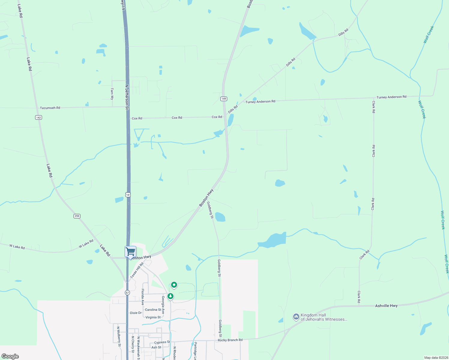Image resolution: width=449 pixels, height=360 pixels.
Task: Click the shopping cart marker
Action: pyautogui.click(x=130, y=252)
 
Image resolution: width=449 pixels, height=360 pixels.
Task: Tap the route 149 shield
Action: pyautogui.click(x=224, y=99)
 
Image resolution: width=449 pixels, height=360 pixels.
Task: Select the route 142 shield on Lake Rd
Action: pyautogui.click(x=38, y=117)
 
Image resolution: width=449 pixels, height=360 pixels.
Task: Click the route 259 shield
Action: pyautogui.click(x=77, y=216)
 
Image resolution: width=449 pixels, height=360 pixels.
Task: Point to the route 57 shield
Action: pyautogui.click(x=128, y=292)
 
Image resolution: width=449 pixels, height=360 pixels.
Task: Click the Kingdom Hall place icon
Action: pyautogui.click(x=296, y=317)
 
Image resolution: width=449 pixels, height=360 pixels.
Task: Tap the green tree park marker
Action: pyautogui.click(x=170, y=296)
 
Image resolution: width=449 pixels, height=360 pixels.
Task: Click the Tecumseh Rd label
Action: pyautogui.click(x=50, y=108)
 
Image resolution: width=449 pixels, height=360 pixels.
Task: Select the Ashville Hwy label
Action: pyautogui.click(x=386, y=306)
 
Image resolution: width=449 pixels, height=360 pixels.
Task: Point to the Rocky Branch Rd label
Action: pyautogui.click(x=230, y=340)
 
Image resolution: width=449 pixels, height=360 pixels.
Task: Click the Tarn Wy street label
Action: pyautogui.click(x=112, y=94)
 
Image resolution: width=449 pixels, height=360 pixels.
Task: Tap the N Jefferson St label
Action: pyautogui.click(x=127, y=96)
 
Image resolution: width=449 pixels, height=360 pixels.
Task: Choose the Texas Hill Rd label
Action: pyautogui.click(x=137, y=270)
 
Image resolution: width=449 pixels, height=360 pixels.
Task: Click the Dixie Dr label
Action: pyautogui.click(x=136, y=313)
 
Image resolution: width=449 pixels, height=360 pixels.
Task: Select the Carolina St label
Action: pyautogui.click(x=153, y=310)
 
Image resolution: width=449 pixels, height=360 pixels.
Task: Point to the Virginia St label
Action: pyautogui.click(x=153, y=317)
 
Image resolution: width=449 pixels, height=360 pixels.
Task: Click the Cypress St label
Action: pyautogui.click(x=162, y=342)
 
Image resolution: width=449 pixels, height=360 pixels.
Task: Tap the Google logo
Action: pyautogui.click(x=10, y=356)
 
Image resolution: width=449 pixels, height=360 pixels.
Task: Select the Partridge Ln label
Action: pyautogui.click(x=195, y=351)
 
